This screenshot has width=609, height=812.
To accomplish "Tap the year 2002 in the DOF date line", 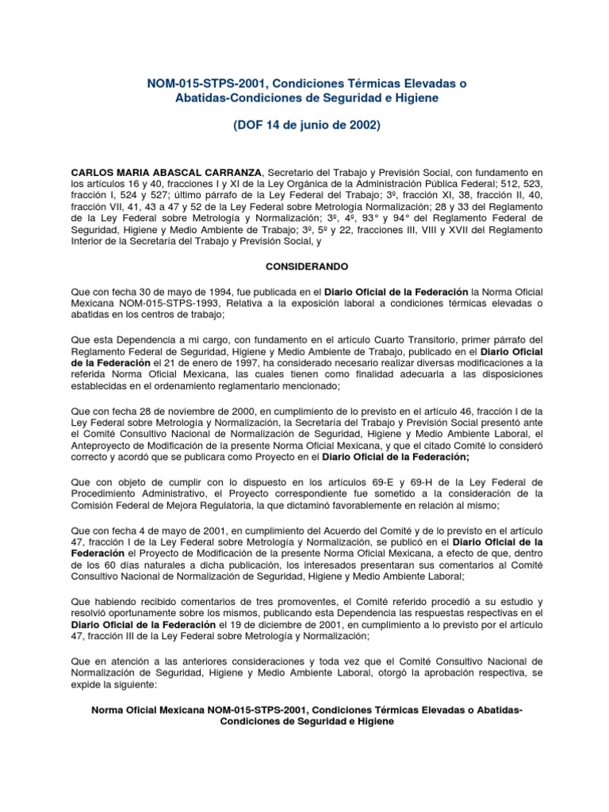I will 361,125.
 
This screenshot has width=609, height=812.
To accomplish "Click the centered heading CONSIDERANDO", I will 304,268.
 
